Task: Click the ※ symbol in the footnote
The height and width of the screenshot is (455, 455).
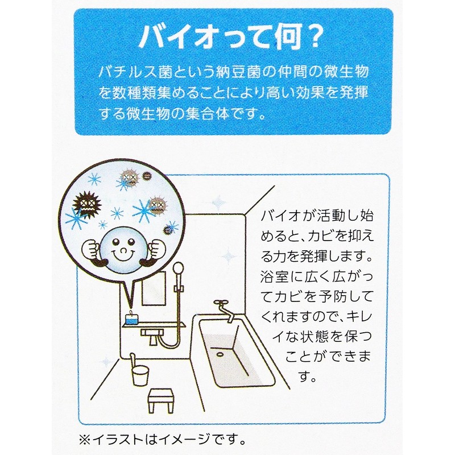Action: (87, 439)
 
